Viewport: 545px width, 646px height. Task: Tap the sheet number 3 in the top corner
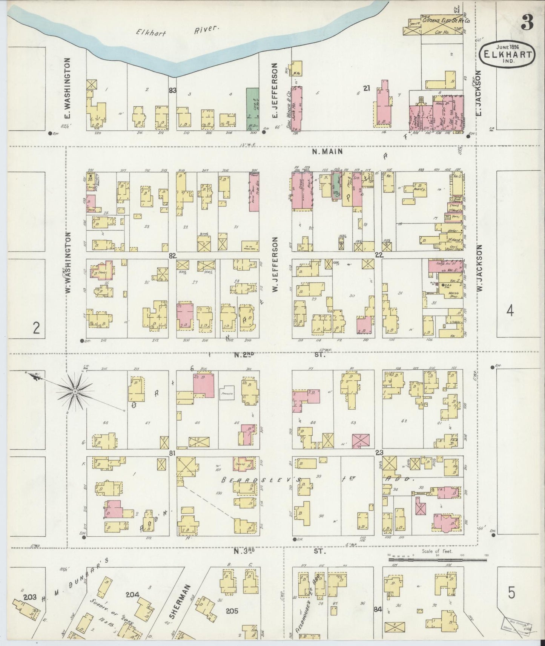point(527,24)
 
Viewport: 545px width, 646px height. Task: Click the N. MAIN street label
point(327,152)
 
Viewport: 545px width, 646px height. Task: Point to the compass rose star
point(75,392)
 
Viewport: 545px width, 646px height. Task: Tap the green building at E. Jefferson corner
point(253,109)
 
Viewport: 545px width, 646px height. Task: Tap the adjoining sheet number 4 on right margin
point(510,311)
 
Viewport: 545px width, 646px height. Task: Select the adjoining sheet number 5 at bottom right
point(511,593)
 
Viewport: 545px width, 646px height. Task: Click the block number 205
point(231,611)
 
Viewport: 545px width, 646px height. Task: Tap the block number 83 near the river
point(173,90)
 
